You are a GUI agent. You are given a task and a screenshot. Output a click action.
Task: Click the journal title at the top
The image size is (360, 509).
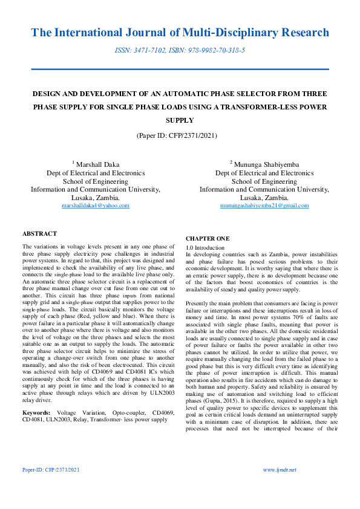tap(180, 33)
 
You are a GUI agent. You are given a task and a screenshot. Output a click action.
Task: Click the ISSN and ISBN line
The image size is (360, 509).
tap(180, 51)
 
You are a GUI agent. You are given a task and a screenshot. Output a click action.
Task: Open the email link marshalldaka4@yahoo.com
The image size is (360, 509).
tap(96, 206)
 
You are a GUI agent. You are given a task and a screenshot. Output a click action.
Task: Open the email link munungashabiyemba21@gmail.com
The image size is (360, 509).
tap(255, 206)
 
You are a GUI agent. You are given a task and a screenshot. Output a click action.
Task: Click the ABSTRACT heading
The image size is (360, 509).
tap(39, 233)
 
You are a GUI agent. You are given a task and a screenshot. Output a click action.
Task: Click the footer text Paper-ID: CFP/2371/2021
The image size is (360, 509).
tap(51, 470)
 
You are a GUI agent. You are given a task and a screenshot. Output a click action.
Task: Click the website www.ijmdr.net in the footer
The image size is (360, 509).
tap(280, 470)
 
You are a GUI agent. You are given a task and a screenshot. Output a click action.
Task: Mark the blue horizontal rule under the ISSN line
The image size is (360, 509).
tap(180, 70)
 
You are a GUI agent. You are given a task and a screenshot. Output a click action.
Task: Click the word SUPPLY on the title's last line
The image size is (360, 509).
tap(180, 120)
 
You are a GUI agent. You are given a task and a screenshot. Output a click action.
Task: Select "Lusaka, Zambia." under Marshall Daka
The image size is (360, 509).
tap(96, 198)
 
